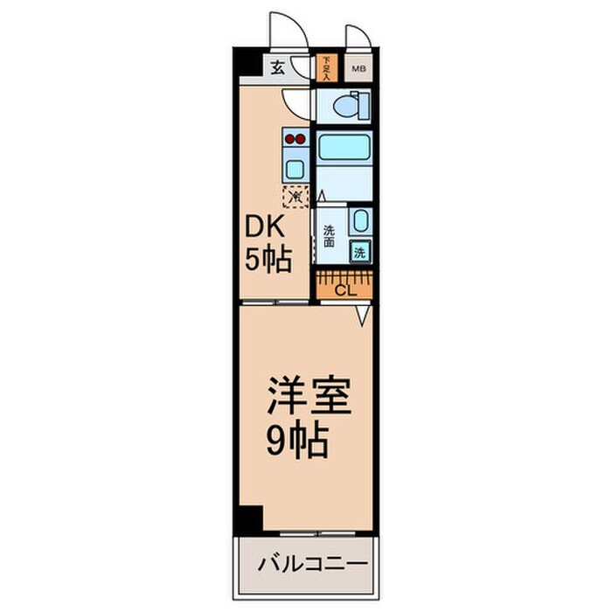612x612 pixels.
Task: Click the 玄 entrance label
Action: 276,67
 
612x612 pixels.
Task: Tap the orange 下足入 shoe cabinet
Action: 326,67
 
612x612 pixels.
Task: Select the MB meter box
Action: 358,67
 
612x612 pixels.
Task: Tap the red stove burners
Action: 295,137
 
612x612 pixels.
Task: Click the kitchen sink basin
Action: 295,169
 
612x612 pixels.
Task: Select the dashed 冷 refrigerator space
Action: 296,196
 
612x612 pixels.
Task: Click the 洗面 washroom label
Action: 329,237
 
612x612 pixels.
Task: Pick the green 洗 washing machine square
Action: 360,252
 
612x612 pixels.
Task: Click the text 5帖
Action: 267,260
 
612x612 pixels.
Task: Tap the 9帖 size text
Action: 297,442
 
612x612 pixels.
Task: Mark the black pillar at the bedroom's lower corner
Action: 249,518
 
